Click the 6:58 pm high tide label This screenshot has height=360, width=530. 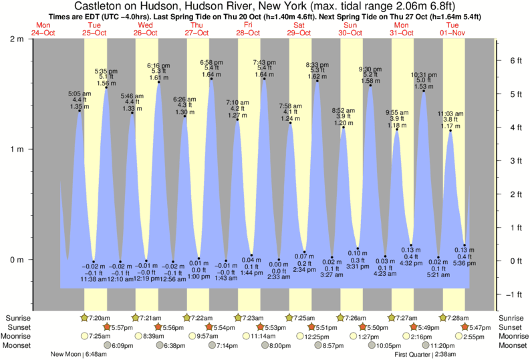pyautogui.click(x=211, y=62)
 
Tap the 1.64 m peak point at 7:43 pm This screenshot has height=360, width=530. pyautogui.click(x=264, y=79)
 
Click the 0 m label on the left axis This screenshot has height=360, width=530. pyautogui.click(x=18, y=259)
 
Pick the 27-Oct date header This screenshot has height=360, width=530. pyautogui.click(x=196, y=32)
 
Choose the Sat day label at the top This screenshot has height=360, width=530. pyautogui.click(x=299, y=25)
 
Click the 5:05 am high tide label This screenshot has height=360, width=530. pyautogui.click(x=80, y=94)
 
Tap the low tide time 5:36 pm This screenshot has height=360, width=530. pyautogui.click(x=465, y=262)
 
